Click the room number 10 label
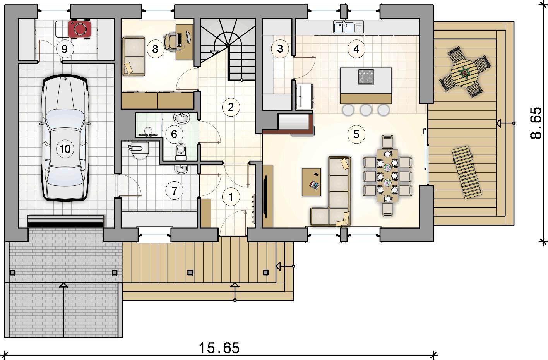tap(65, 149)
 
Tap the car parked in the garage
tap(65, 138)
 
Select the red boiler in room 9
tap(80, 29)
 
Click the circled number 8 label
tap(155, 49)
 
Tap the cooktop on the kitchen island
tap(366, 77)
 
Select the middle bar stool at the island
tap(366, 110)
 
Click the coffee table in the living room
tap(312, 182)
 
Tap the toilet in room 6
tap(181, 151)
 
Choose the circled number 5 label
tap(356, 134)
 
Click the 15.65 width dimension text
tap(219, 348)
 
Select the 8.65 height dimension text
tap(536, 123)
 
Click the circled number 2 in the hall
tap(231, 107)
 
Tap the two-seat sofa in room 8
tap(134, 56)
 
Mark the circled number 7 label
tap(174, 190)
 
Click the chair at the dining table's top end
tap(387, 142)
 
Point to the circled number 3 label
tap(280, 49)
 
